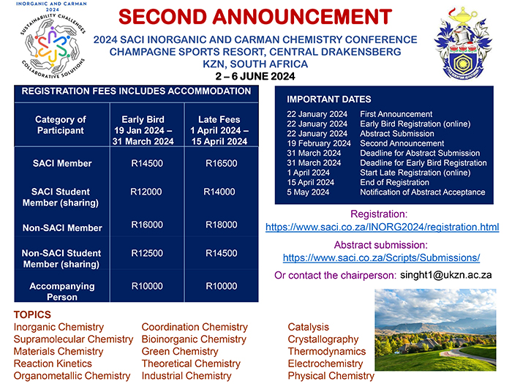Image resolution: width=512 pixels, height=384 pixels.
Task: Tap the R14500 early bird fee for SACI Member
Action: point(147,163)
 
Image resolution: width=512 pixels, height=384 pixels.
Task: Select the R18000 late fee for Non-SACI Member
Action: point(220,225)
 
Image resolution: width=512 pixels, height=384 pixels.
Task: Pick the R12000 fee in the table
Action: point(147,192)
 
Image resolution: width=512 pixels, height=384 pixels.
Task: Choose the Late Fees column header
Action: point(219,130)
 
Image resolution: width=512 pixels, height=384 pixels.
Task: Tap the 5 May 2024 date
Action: point(307,192)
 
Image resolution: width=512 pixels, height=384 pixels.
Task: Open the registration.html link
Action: point(382,227)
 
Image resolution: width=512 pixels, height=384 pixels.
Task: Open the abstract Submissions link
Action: point(381,257)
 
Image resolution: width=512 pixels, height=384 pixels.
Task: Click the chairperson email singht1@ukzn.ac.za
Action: point(445,275)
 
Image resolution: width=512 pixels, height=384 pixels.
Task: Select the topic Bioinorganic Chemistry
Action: point(194,339)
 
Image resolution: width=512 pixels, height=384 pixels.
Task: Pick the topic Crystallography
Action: point(323,339)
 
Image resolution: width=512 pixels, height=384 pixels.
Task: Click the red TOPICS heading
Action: point(32,315)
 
